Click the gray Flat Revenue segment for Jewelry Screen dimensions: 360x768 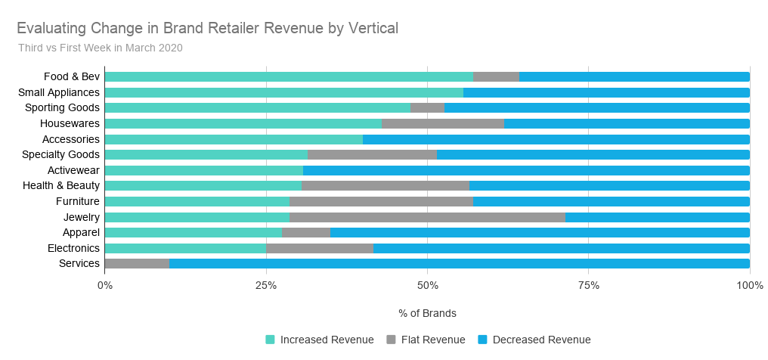click(x=427, y=217)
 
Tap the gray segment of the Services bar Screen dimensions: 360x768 click(x=137, y=263)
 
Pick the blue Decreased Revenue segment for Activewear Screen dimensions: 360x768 click(x=526, y=170)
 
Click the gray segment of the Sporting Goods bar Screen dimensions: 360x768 click(x=427, y=107)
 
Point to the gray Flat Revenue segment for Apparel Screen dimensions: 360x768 click(x=306, y=232)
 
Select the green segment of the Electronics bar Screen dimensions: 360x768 click(x=185, y=248)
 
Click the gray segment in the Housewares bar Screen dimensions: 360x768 click(x=443, y=123)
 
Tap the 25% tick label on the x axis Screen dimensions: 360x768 click(x=266, y=285)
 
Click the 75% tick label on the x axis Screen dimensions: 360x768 click(x=589, y=285)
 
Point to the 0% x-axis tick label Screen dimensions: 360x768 click(x=105, y=285)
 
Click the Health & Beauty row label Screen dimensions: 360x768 click(x=61, y=186)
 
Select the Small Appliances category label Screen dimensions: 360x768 click(x=59, y=92)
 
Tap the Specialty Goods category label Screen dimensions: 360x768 click(x=62, y=154)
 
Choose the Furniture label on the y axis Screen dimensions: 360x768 click(x=78, y=201)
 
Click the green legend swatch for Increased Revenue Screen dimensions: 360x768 click(x=270, y=340)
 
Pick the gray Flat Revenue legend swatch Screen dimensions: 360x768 click(x=391, y=340)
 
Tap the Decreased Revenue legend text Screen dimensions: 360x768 click(x=541, y=340)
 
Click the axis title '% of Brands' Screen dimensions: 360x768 click(x=427, y=313)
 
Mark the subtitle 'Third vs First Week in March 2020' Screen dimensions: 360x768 click(x=101, y=48)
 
